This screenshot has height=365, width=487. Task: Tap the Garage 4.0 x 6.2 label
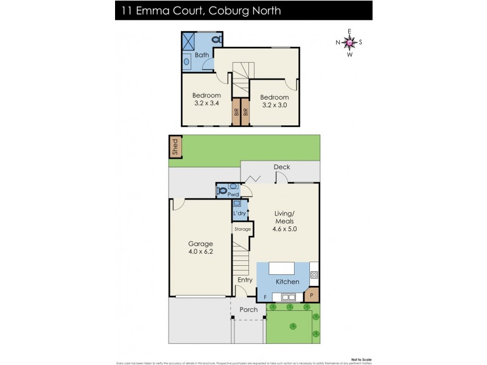[x=200, y=248]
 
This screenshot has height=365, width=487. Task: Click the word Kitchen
[x=287, y=282]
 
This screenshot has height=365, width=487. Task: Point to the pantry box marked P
[x=312, y=296]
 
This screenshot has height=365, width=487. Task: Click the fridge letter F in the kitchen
[x=265, y=296]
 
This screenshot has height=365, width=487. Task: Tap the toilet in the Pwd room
[x=223, y=190]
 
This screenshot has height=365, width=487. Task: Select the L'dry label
[x=239, y=214]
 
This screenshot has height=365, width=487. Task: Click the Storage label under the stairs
[x=242, y=229]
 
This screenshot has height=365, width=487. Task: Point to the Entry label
[x=245, y=280]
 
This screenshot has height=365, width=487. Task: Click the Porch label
[x=248, y=310]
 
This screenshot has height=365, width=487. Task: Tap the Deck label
[x=281, y=167]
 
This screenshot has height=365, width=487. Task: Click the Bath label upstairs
[x=201, y=55]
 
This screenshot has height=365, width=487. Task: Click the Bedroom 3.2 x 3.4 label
[x=206, y=99]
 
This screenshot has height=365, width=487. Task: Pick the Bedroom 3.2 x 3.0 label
[x=274, y=101]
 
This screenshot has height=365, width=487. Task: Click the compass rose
[x=349, y=42]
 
